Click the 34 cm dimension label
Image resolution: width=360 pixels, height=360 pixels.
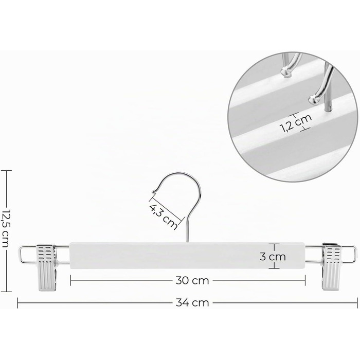pos(192,303)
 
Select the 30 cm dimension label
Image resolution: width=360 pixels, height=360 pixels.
pos(192,281)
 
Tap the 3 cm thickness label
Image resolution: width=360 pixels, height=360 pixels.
pos(273,257)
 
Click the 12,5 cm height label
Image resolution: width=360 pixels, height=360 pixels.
pos(5,229)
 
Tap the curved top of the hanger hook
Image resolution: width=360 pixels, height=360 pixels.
pos(182,174)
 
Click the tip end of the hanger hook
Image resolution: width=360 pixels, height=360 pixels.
pos(153,192)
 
